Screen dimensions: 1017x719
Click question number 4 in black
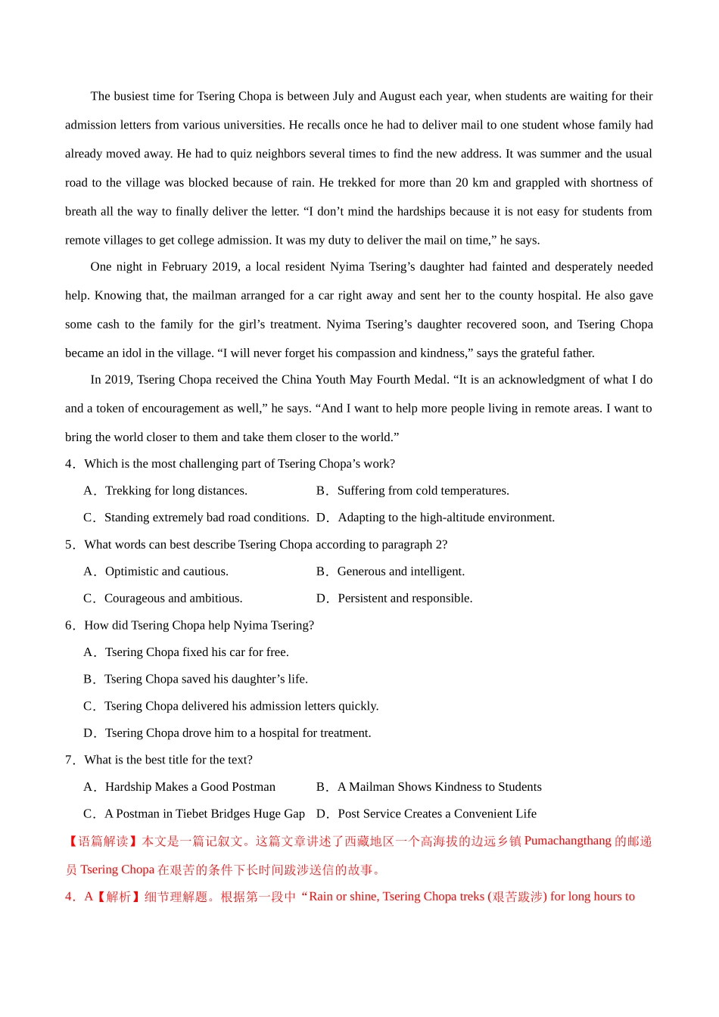[x=69, y=464]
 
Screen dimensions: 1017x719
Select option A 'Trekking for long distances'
[x=176, y=491]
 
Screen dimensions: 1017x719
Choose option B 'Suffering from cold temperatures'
[x=422, y=491]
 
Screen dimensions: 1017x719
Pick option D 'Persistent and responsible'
[x=405, y=599]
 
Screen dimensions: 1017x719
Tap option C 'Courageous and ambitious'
[x=173, y=599]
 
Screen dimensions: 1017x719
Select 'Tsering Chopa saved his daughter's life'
[x=206, y=680]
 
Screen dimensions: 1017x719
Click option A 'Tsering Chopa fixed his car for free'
[x=197, y=652]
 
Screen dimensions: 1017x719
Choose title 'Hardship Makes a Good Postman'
[x=190, y=787]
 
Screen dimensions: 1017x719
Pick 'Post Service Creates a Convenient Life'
[x=437, y=814]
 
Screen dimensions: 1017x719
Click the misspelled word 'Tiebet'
[x=192, y=814]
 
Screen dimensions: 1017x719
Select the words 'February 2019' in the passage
[x=199, y=267]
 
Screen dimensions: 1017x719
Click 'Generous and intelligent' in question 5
[x=400, y=572]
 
